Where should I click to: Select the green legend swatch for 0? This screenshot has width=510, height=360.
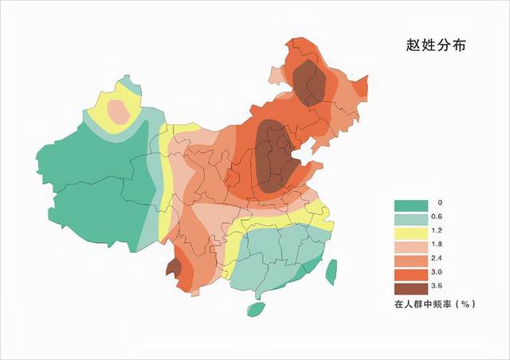click(x=410, y=204)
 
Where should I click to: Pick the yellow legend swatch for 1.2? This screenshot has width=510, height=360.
click(x=410, y=232)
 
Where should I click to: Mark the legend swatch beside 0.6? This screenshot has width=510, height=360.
click(x=410, y=217)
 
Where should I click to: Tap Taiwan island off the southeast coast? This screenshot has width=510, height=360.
click(x=332, y=271)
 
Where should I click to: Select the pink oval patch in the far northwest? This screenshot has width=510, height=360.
click(x=118, y=111)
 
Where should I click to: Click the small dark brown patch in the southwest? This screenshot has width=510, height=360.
click(x=171, y=268)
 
